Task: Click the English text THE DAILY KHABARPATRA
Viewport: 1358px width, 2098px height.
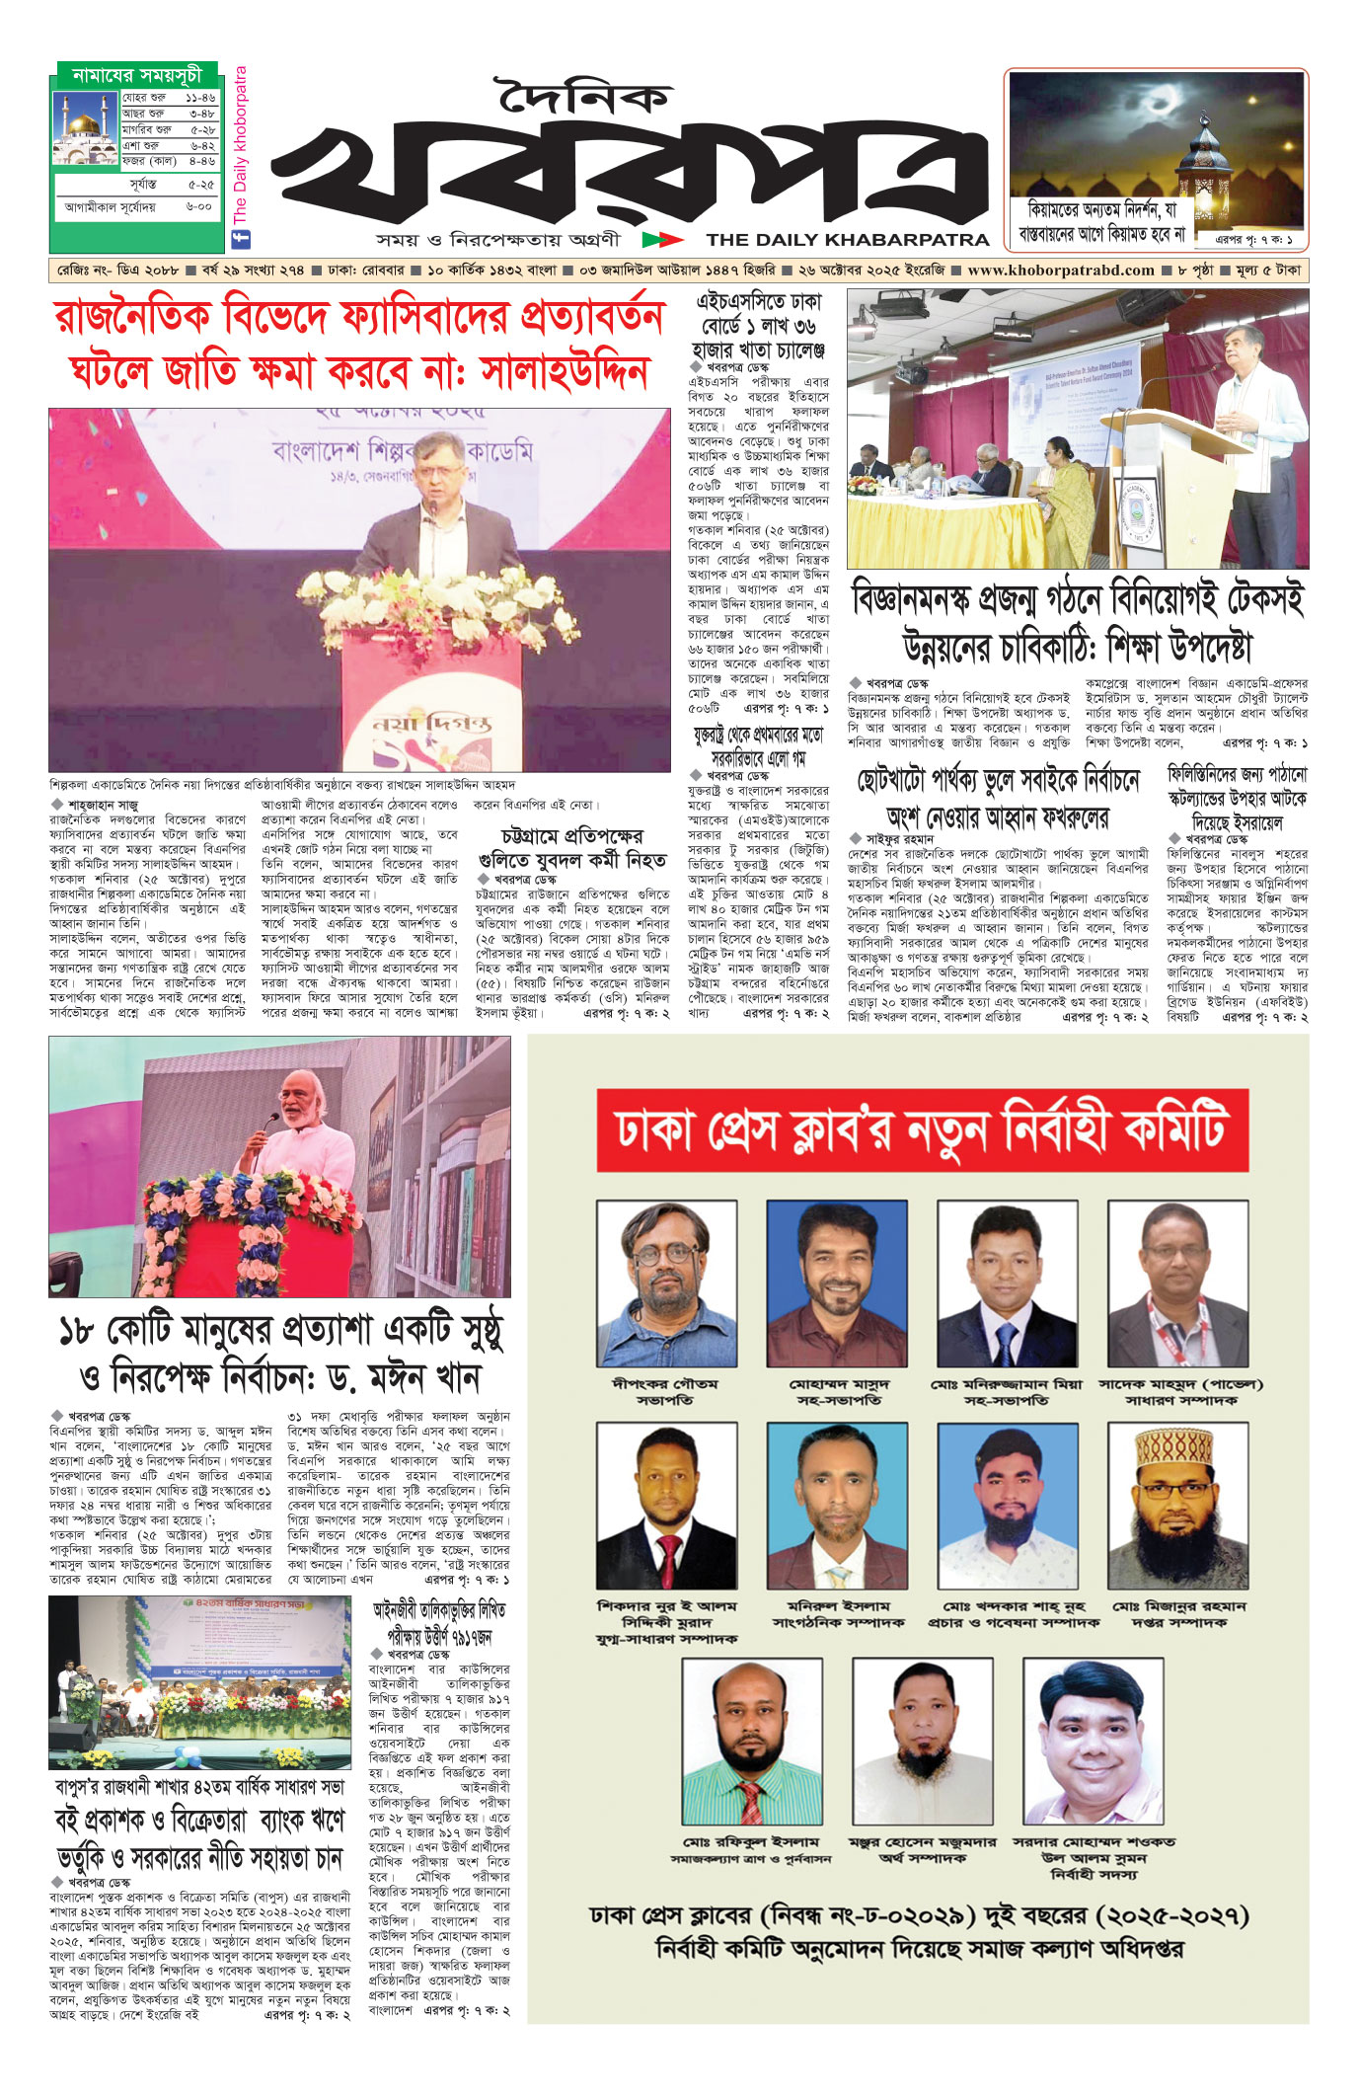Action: point(847,239)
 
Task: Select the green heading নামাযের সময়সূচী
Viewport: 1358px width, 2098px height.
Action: point(137,75)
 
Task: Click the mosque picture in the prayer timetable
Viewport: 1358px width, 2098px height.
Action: point(86,128)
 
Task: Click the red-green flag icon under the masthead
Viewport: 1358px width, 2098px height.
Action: point(661,239)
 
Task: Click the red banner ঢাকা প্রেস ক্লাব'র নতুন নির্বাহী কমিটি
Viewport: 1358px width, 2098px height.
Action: point(922,1129)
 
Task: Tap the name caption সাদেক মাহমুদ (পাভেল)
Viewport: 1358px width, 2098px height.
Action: point(1180,1384)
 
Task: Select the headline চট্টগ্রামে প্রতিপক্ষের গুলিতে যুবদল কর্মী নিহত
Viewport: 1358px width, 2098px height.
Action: point(571,848)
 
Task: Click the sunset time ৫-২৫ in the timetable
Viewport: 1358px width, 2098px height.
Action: point(200,185)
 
